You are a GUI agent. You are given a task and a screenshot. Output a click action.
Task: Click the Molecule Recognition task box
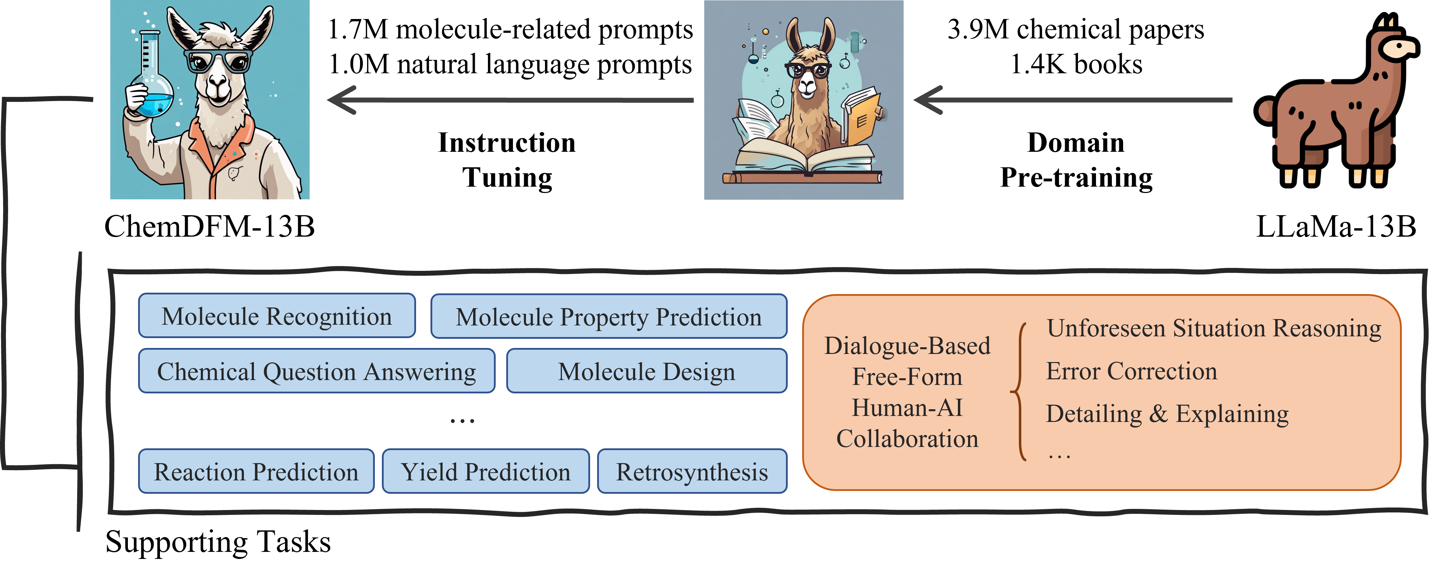click(277, 316)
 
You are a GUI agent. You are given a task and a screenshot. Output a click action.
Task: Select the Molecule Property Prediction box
click(609, 316)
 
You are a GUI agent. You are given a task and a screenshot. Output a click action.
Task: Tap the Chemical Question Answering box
click(316, 371)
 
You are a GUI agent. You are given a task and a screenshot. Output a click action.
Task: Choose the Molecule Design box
click(646, 371)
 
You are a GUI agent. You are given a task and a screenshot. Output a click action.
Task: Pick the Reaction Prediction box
click(256, 471)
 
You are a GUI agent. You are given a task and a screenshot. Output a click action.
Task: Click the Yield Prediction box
click(485, 471)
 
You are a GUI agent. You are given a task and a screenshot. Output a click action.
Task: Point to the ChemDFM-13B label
click(210, 226)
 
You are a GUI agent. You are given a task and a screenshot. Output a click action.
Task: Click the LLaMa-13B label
click(1336, 226)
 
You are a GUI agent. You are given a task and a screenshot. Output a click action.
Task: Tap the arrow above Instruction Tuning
click(510, 100)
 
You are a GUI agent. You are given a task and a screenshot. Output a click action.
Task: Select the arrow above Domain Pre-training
click(1073, 100)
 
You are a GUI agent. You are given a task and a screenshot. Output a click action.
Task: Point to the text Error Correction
click(1131, 371)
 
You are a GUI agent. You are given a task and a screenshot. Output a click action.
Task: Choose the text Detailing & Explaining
click(1167, 414)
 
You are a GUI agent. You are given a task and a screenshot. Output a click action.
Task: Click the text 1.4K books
click(1076, 64)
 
